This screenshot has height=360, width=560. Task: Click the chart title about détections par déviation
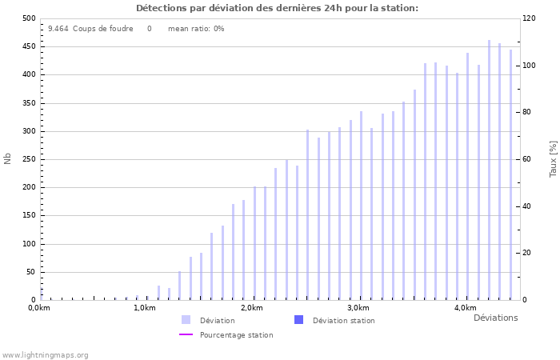pos(277,8)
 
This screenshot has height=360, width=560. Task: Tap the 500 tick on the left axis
pos(28,18)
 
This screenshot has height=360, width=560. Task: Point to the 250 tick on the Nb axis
pos(28,159)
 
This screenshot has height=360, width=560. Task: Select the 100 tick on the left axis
pos(28,244)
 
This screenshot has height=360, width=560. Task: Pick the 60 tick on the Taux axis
pos(528,159)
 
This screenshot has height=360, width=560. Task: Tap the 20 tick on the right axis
pos(528,254)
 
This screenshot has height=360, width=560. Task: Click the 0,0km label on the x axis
pos(39,308)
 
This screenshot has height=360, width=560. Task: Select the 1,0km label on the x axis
pos(145,308)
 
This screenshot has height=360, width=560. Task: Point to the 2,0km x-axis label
pos(251,308)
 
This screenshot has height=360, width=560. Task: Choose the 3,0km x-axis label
pos(358,308)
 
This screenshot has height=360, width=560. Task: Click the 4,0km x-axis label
pos(465,308)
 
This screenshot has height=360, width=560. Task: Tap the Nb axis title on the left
pos(8,158)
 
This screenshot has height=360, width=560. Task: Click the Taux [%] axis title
pos(553,158)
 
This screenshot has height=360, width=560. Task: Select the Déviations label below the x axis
pos(495,318)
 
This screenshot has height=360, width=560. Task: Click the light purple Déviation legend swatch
pos(186,320)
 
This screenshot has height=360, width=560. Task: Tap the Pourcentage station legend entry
pos(236,335)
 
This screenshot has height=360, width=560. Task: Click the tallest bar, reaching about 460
pos(489,170)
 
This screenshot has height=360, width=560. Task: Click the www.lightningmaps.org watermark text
pos(45,354)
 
